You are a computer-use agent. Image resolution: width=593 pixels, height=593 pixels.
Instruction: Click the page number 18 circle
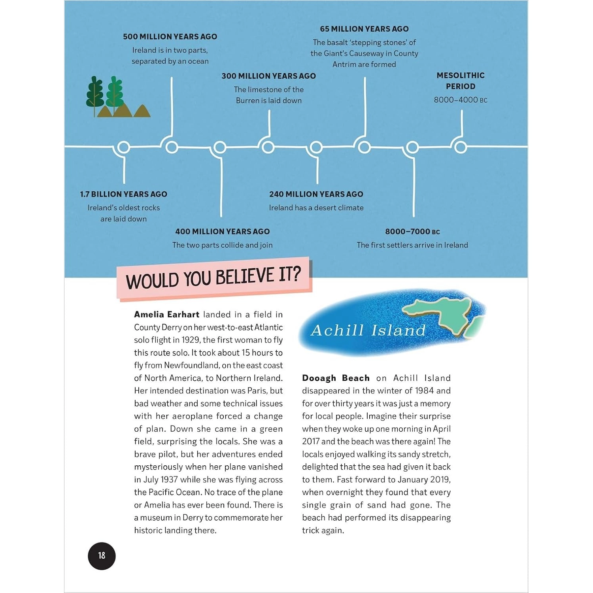[x=102, y=556]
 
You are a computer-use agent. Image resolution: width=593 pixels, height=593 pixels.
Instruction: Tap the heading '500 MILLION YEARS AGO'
[x=170, y=37]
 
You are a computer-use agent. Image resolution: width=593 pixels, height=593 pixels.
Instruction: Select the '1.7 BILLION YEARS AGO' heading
[x=123, y=194]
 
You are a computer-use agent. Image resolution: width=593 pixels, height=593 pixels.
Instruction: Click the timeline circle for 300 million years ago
[x=268, y=147]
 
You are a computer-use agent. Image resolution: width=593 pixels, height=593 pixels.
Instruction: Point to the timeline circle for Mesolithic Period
[x=461, y=147]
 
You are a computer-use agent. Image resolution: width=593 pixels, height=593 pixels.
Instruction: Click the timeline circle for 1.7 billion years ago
[x=124, y=147]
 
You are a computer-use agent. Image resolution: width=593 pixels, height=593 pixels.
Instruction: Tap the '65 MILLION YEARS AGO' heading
[x=364, y=29]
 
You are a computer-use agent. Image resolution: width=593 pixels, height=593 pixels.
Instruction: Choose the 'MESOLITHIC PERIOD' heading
[x=461, y=81]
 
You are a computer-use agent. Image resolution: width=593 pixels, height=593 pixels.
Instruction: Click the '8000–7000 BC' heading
[x=412, y=232]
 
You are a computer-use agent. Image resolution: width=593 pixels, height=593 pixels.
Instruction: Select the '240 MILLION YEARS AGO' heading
[x=316, y=194]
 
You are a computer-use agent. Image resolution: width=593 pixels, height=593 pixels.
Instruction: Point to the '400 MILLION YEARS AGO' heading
[x=222, y=232]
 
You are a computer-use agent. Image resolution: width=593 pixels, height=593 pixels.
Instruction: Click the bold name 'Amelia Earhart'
[x=166, y=315]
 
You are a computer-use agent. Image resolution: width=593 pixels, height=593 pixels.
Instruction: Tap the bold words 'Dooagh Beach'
[x=336, y=378]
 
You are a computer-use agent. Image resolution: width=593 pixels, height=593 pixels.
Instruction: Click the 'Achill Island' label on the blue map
[x=368, y=330]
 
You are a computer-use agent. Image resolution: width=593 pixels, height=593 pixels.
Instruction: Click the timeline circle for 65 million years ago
[x=364, y=147]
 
